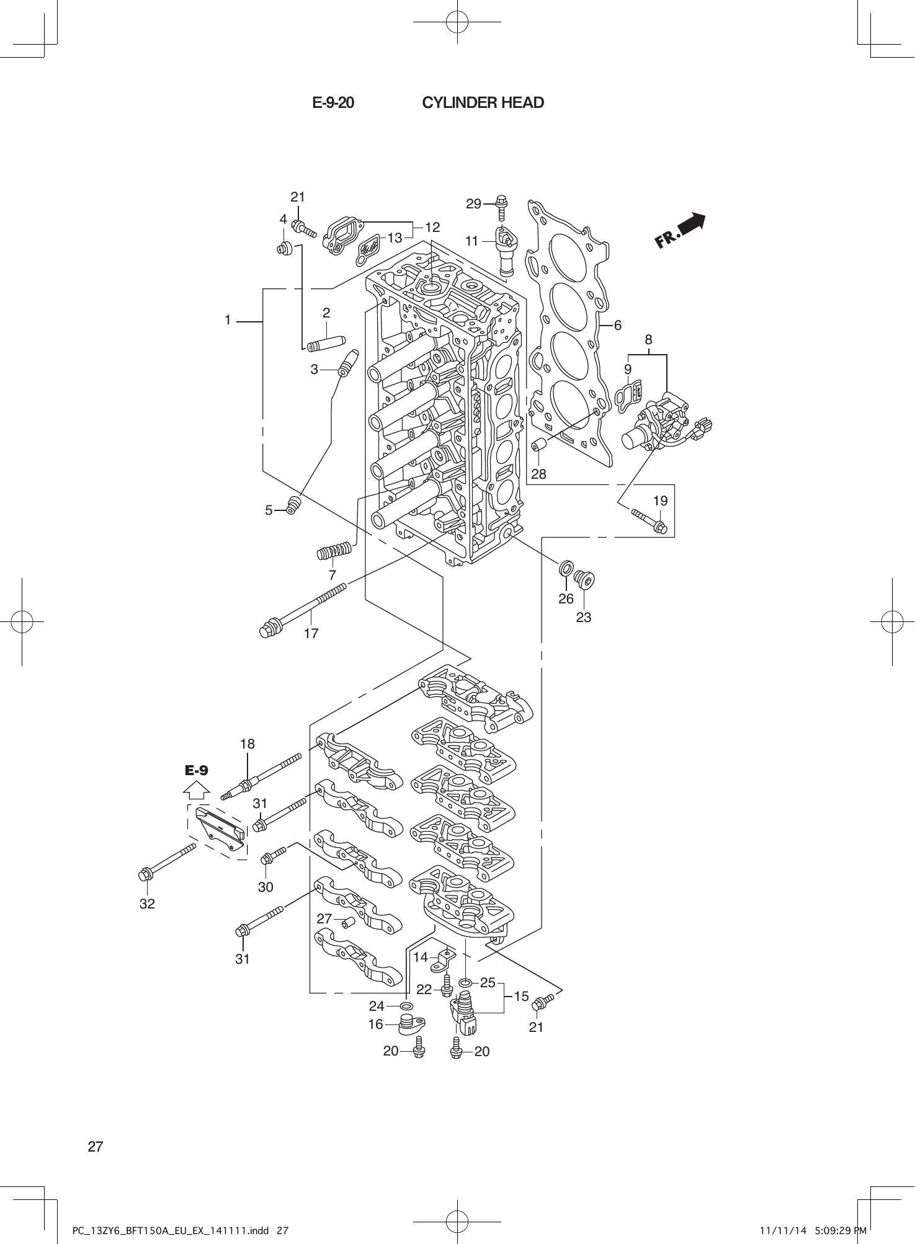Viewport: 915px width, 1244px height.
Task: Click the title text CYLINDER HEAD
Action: coord(483,103)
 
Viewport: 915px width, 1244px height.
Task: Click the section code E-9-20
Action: coord(333,103)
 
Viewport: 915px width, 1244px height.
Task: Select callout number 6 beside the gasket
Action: coord(618,325)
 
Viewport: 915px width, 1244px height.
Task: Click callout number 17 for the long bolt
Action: coord(311,633)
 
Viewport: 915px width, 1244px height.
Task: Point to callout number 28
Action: coord(538,474)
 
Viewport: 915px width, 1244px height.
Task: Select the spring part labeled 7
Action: coord(335,550)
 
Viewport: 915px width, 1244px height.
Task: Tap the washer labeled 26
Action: coord(565,569)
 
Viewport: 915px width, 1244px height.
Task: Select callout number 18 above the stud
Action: coord(248,744)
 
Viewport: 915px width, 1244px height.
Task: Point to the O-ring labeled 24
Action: coord(406,1005)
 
